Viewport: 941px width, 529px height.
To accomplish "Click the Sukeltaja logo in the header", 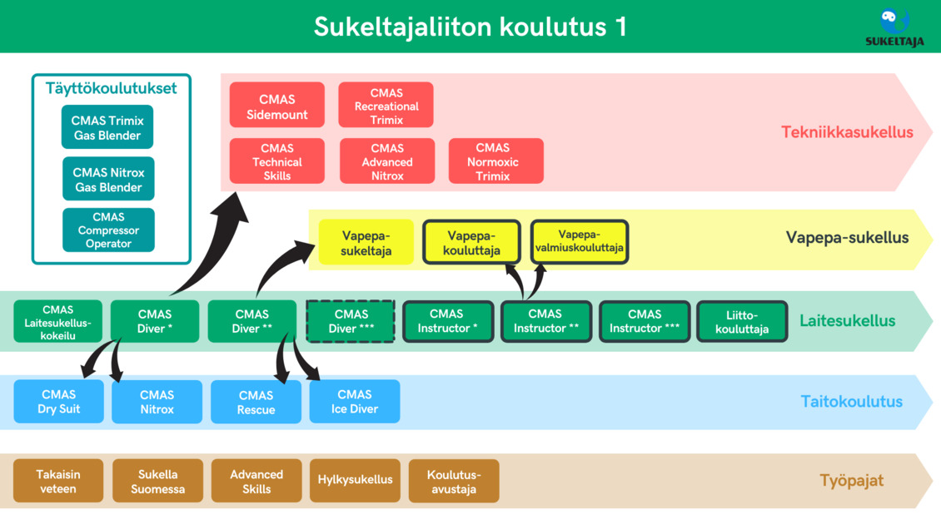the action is pyautogui.click(x=894, y=27).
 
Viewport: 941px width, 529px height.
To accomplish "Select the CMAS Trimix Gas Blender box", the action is pyautogui.click(x=107, y=127).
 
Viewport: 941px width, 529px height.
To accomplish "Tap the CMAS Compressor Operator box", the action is pyautogui.click(x=108, y=230).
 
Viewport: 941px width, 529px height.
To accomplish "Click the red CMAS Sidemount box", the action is pyautogui.click(x=277, y=105).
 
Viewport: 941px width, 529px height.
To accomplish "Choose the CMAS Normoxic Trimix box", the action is pyautogui.click(x=495, y=161).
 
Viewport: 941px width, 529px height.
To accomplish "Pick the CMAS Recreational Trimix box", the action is pyautogui.click(x=386, y=105).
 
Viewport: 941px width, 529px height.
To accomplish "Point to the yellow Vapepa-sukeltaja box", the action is pyautogui.click(x=366, y=242).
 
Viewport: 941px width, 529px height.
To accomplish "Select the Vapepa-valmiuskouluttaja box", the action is pyautogui.click(x=580, y=242).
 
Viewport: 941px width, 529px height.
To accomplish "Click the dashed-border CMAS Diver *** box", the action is pyautogui.click(x=351, y=322).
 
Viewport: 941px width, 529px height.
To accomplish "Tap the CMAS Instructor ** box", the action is pyautogui.click(x=546, y=322).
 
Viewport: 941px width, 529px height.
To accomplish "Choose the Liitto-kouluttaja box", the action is pyautogui.click(x=742, y=322).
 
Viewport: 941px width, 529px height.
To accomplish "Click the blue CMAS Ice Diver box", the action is pyautogui.click(x=355, y=402).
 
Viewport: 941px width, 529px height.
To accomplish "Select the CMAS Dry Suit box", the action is pyautogui.click(x=59, y=402).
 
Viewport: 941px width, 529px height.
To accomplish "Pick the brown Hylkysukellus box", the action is pyautogui.click(x=356, y=481).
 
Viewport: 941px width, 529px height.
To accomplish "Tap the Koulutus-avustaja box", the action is pyautogui.click(x=454, y=481).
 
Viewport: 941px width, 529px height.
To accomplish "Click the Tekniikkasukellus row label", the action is pyautogui.click(x=847, y=132).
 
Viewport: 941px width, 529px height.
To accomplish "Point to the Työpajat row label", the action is pyautogui.click(x=852, y=481).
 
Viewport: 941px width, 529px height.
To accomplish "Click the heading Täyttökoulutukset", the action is pyautogui.click(x=111, y=89).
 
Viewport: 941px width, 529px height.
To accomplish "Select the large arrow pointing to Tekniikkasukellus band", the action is pyautogui.click(x=210, y=245).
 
